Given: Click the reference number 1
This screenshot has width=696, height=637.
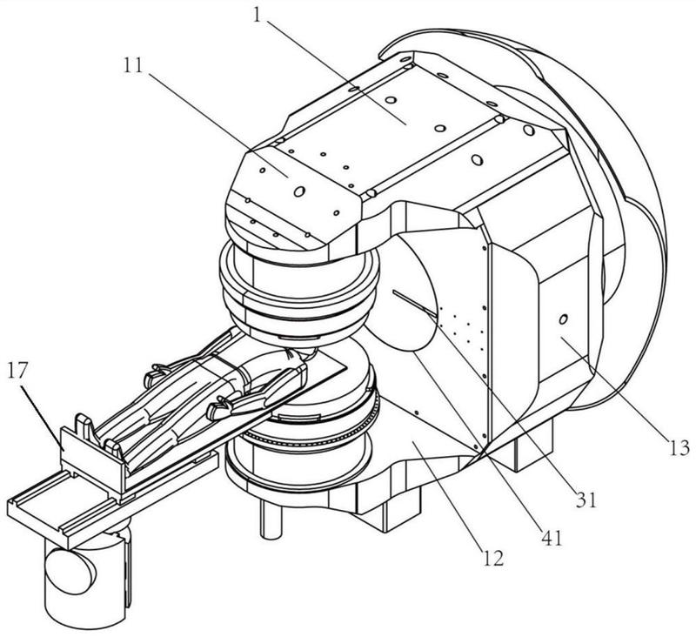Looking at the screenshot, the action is tap(257, 15).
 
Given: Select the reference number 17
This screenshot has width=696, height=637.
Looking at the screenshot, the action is tap(17, 371).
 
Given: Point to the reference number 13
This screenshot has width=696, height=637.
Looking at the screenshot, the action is tap(679, 448).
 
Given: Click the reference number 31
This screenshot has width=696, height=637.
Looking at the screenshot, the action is tap(586, 500).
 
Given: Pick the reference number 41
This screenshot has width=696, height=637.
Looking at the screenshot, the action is tap(552, 538).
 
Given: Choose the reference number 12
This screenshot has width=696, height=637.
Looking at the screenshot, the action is tap(493, 559).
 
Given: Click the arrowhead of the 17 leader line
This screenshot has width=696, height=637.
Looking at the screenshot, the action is tap(63, 447).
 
